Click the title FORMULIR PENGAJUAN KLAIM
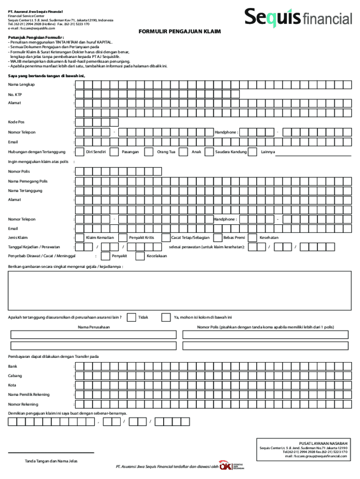180,31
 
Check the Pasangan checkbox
114,152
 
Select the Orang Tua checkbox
149,152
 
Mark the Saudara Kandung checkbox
207,152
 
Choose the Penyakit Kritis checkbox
122,237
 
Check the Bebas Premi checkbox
217,237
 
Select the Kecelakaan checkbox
140,256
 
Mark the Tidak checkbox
131,317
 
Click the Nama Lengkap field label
21,84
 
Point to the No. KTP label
15,94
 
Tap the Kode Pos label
16,122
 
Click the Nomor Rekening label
23,404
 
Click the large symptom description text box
180,290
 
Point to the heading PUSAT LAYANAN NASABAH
323,443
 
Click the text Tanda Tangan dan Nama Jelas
51,461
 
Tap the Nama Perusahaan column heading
94,327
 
